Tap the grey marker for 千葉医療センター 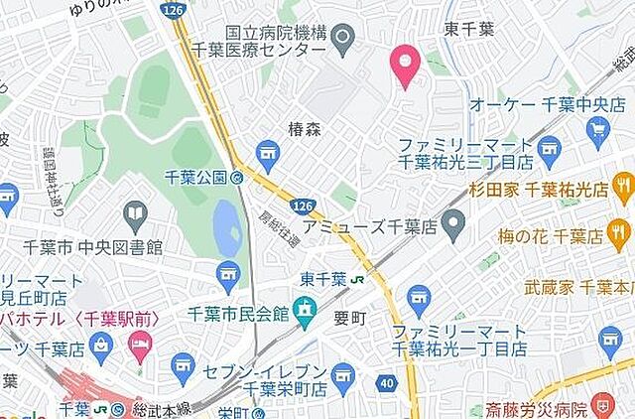343,40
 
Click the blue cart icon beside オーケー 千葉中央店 598,128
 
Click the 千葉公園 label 196,179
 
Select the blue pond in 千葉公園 227,227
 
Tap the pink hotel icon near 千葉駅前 139,348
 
